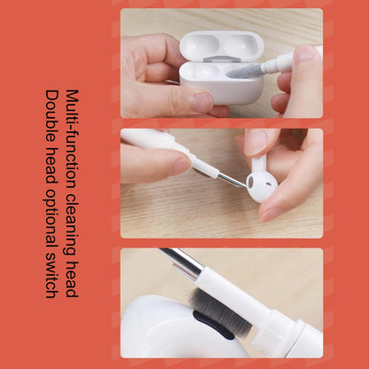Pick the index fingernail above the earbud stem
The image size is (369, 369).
[x=256, y=141]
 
